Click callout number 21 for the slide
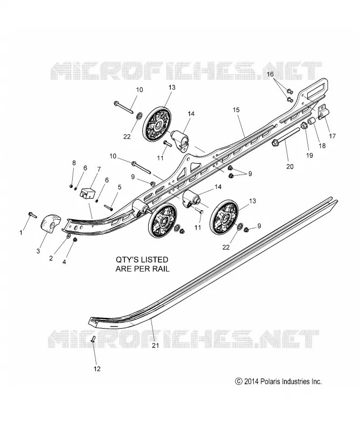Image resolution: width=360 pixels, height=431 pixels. click(x=156, y=345)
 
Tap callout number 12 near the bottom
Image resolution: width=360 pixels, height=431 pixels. click(x=97, y=369)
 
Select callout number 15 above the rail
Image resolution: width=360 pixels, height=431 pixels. click(x=236, y=110)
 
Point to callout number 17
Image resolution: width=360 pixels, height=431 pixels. click(x=332, y=136)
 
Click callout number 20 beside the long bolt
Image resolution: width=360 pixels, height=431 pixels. click(x=290, y=166)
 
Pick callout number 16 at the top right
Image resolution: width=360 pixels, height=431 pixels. click(x=271, y=74)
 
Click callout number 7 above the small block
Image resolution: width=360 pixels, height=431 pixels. click(x=99, y=169)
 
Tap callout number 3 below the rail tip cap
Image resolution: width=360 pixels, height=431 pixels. click(x=38, y=251)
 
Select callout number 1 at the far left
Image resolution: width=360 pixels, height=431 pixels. click(x=21, y=233)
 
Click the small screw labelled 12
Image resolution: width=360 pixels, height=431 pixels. click(x=93, y=339)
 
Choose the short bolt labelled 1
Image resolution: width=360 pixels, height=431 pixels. click(x=32, y=214)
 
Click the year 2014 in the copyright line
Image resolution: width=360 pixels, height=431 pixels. click(x=251, y=381)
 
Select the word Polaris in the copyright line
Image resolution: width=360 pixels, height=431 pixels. click(x=270, y=381)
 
